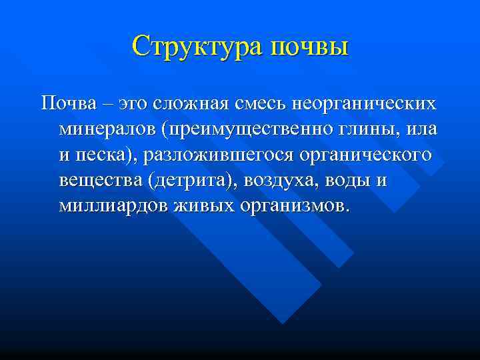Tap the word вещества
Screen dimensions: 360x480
pos(99,181)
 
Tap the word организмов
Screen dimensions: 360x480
pos(293,207)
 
